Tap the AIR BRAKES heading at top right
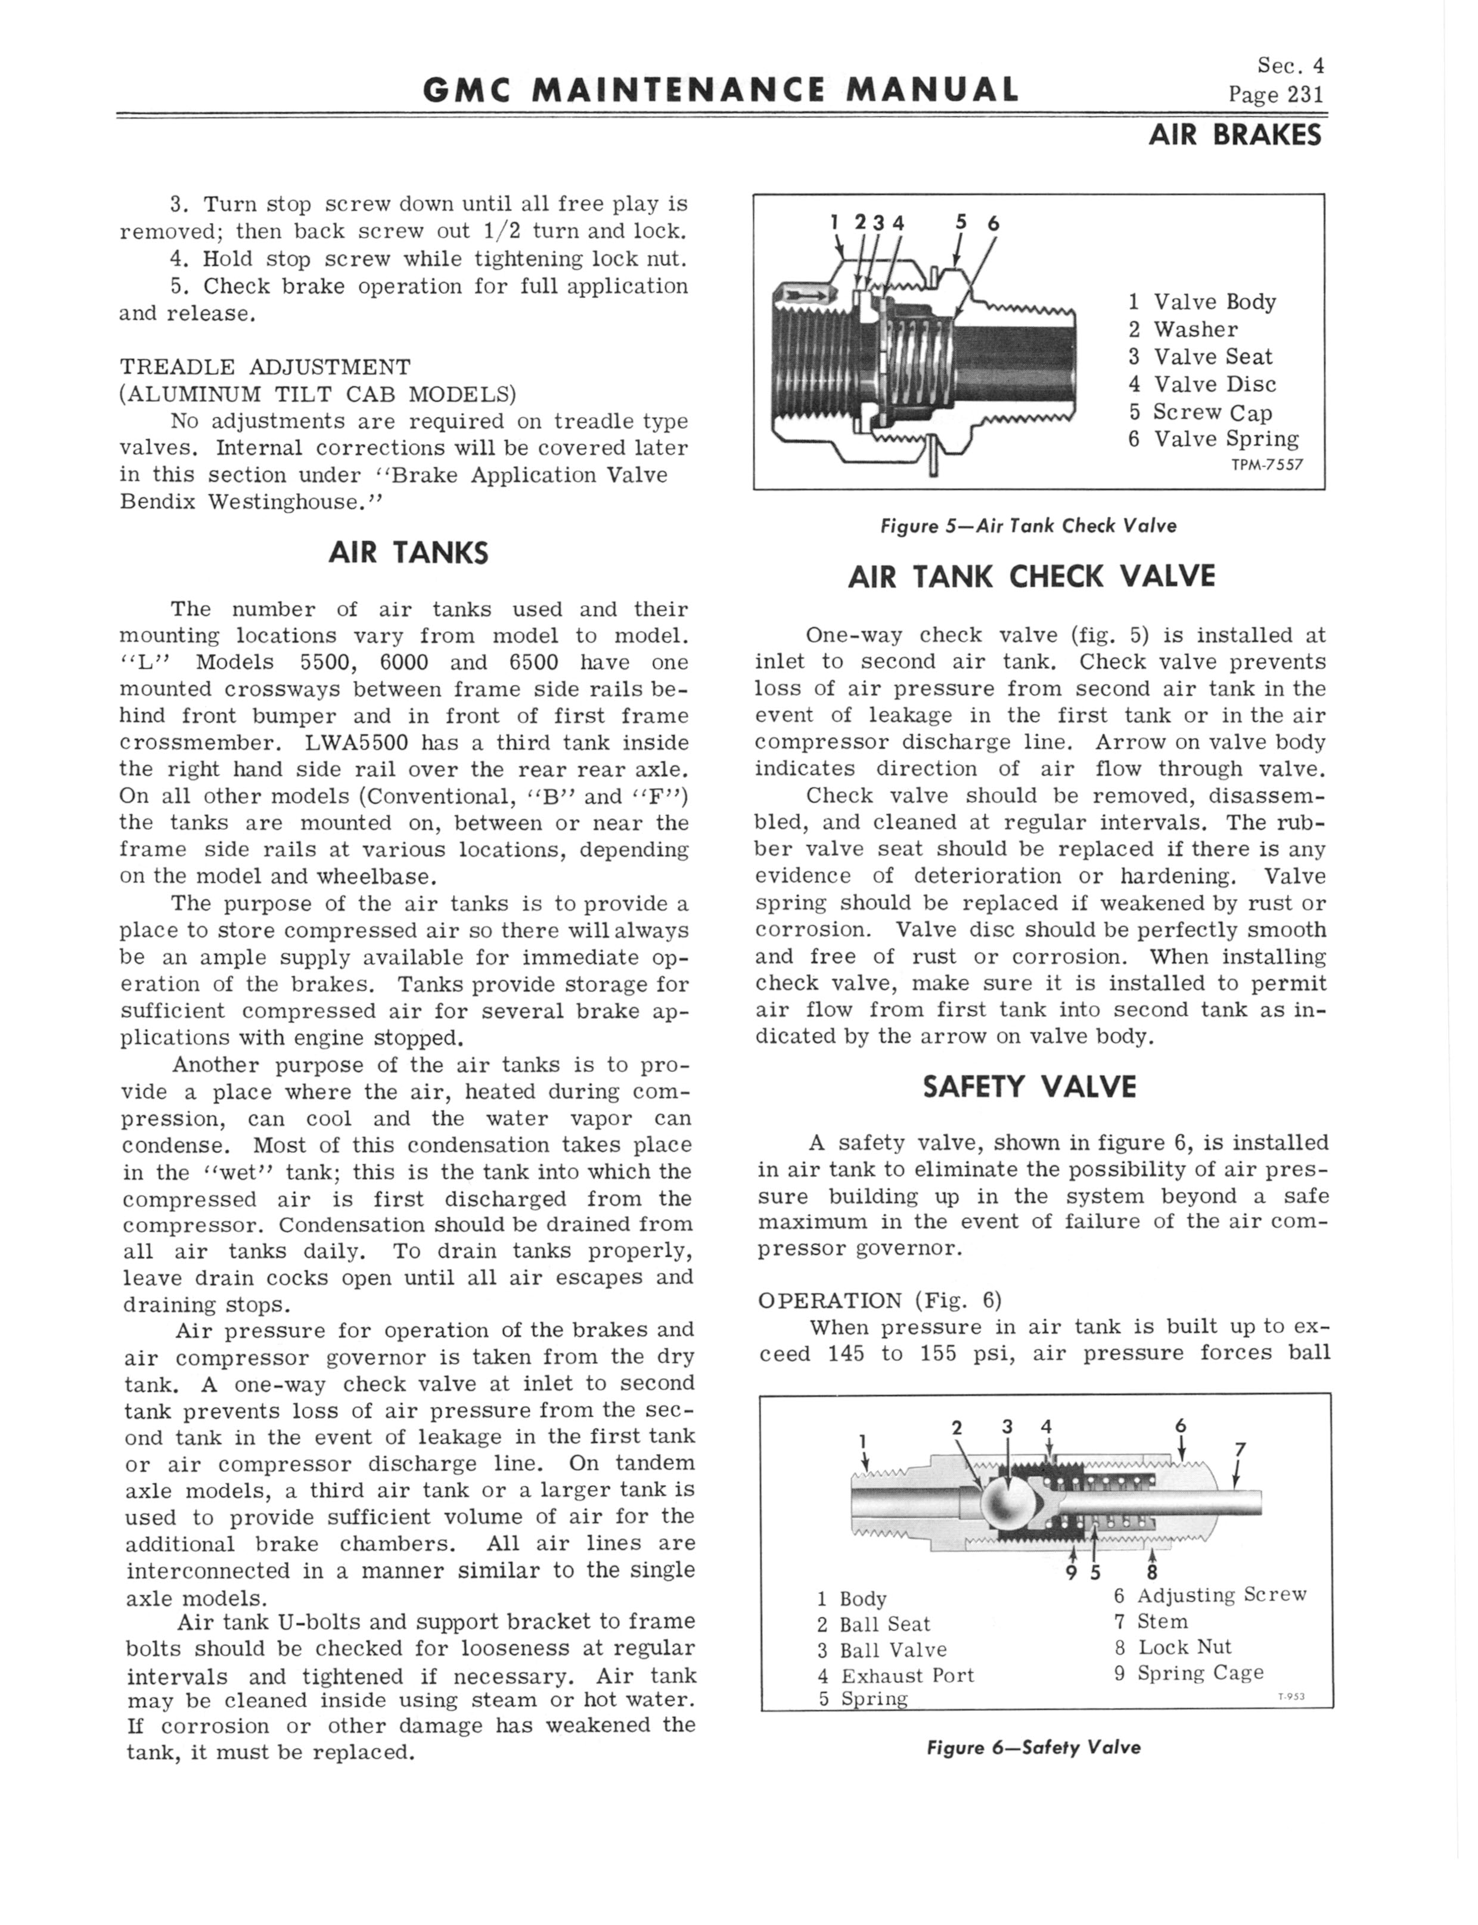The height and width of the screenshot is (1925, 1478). (x=1234, y=135)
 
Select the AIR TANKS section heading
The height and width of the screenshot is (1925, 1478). (x=407, y=553)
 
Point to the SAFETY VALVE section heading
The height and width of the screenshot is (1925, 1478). (x=1029, y=1087)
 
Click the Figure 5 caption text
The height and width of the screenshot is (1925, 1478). (x=1027, y=526)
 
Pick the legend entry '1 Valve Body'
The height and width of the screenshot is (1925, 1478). (x=1201, y=302)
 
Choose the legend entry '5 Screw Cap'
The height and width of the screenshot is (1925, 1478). (x=1200, y=412)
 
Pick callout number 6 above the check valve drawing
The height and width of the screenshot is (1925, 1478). (x=993, y=224)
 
